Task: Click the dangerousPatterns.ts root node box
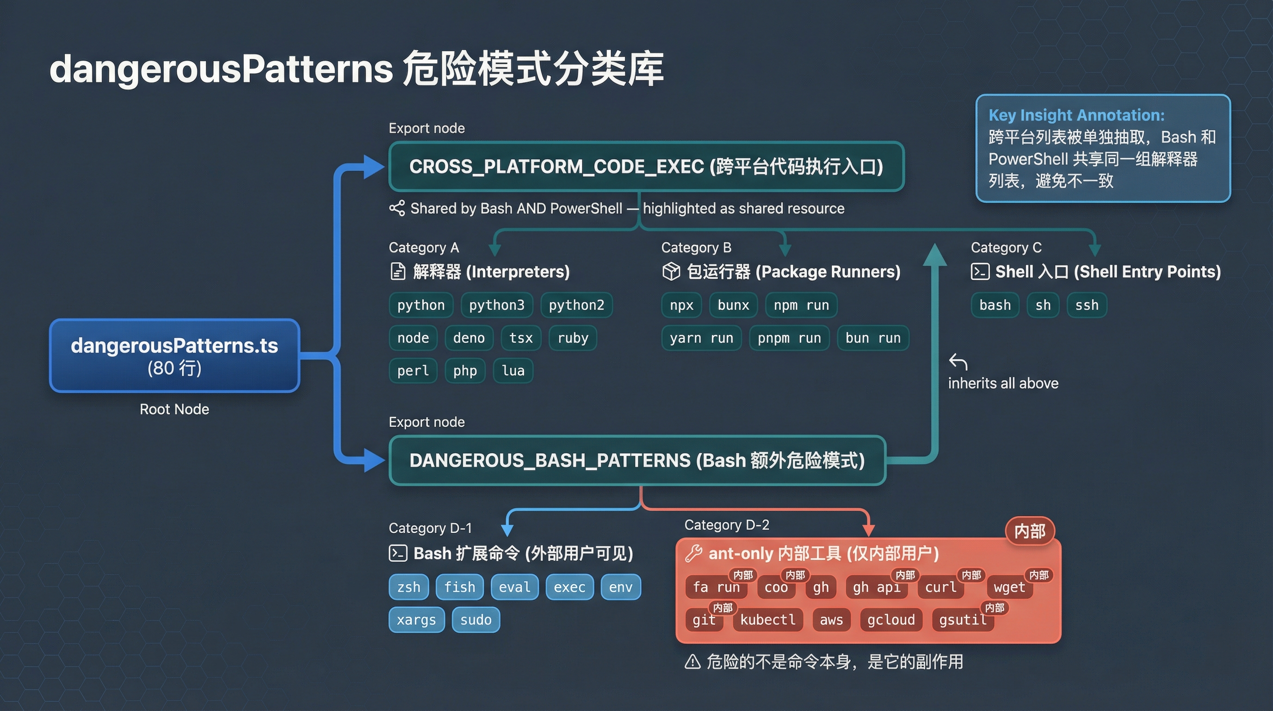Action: tap(174, 355)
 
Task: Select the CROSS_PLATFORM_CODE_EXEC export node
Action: tap(646, 167)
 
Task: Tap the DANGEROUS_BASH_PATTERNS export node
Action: tap(637, 460)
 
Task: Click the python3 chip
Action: tap(497, 305)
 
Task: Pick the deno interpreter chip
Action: tap(469, 338)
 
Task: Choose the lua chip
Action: tap(513, 371)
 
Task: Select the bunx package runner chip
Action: tap(733, 305)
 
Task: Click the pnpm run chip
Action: tap(789, 338)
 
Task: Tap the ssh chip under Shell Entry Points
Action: tap(1087, 305)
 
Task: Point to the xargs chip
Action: tap(416, 620)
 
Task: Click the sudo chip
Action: tap(476, 620)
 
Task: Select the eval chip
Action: tap(514, 587)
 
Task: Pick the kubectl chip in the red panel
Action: tap(767, 620)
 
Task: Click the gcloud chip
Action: tap(890, 620)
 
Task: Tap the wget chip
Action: tap(1009, 587)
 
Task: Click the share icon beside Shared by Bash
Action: tap(397, 208)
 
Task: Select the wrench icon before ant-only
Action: tap(693, 553)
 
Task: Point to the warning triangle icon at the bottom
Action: tap(692, 661)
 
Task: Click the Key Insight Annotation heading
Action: tap(1076, 115)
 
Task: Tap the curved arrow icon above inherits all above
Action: tap(958, 362)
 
